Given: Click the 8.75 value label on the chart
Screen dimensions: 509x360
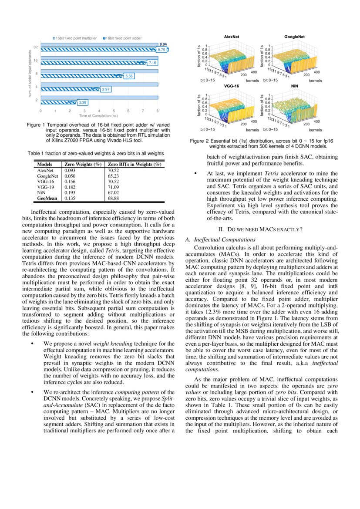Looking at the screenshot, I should [x=161, y=50].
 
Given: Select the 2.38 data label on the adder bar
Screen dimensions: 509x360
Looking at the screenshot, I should [x=83, y=102].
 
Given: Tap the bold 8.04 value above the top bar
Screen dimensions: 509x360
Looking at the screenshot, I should [x=163, y=44].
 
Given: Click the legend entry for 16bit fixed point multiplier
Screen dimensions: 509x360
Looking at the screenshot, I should [x=74, y=38].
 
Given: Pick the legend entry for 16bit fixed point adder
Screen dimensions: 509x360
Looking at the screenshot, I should [x=124, y=38].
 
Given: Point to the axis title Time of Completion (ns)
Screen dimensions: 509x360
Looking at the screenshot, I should [x=98, y=116].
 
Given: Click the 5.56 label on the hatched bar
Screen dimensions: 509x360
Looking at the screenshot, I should [x=129, y=76].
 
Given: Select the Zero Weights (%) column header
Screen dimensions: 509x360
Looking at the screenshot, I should [x=83, y=165].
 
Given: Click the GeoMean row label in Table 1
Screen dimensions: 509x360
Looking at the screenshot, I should [x=47, y=198].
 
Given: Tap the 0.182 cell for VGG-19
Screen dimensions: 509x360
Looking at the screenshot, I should [x=70, y=187].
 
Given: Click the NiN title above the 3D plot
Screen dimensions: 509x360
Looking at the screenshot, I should [x=295, y=87].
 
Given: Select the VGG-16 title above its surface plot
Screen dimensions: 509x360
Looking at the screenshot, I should [x=232, y=87].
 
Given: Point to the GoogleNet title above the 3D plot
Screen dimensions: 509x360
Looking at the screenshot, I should [x=295, y=37].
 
